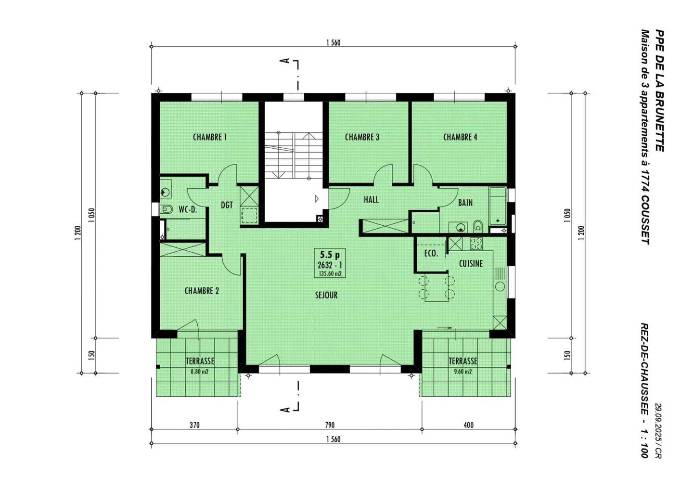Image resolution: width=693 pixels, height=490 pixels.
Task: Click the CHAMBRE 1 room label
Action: [209, 137]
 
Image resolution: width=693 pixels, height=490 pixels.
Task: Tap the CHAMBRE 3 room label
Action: [362, 137]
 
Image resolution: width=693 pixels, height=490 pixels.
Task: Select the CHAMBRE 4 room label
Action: [460, 137]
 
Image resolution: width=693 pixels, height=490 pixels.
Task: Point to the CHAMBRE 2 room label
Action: [202, 291]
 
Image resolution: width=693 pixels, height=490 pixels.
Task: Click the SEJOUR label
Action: [326, 295]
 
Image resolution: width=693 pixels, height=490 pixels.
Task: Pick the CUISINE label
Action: [471, 263]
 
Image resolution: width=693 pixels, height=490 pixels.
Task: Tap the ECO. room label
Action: [431, 253]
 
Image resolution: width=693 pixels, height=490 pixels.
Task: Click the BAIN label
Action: [465, 203]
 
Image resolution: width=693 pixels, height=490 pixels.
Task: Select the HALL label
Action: [371, 199]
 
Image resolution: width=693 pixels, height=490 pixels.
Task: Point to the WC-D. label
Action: [188, 209]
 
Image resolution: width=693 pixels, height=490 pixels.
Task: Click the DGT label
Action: [227, 205]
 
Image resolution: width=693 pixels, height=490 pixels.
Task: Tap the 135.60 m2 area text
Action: [330, 273]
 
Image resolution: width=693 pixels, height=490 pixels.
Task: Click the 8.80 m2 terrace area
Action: [199, 372]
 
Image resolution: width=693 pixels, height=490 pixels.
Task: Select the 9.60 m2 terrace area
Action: [462, 372]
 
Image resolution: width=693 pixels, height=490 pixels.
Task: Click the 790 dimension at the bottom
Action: [330, 425]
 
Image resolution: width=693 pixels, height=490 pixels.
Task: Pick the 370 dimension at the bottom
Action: [194, 425]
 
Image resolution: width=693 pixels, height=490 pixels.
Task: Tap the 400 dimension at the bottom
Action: [468, 425]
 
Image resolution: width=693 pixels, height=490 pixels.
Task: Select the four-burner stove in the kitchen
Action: [476, 244]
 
